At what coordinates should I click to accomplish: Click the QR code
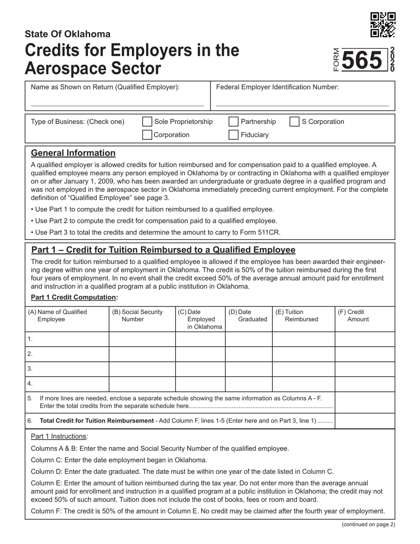pos(383,25)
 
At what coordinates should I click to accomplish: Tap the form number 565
pos(362,61)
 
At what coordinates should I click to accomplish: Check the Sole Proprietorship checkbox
pos(147,122)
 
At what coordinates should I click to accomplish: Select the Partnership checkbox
pos(233,122)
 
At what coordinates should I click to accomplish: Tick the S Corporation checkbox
pos(294,122)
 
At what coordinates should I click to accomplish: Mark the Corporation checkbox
pos(147,135)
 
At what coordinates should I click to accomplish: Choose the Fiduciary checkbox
pos(233,135)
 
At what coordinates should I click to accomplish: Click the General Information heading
pos(73,153)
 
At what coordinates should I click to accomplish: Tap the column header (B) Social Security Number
pos(137,315)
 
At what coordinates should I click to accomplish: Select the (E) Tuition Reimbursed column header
pos(297,315)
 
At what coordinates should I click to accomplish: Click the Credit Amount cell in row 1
pos(364,339)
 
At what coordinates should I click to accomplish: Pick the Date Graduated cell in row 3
pos(248,369)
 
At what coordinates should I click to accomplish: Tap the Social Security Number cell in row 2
pos(142,354)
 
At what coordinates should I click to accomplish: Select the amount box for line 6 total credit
pos(364,421)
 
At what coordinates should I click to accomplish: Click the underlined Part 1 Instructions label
pos(58,437)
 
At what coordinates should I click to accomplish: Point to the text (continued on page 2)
pos(368,525)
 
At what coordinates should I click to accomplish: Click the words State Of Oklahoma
pos(68,34)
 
